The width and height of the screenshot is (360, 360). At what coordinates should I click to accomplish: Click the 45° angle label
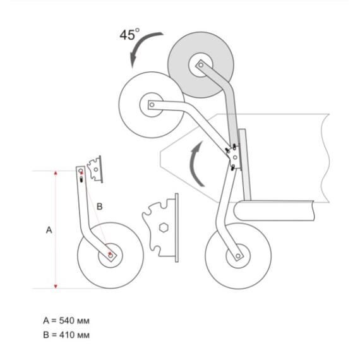click(x=129, y=35)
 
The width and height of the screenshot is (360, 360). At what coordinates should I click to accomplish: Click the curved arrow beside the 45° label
click(x=140, y=44)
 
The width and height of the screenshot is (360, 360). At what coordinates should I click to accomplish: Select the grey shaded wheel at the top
click(x=201, y=65)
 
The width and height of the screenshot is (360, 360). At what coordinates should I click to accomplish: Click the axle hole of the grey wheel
click(x=201, y=65)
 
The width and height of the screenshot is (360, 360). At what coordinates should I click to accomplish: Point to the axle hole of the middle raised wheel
click(x=152, y=105)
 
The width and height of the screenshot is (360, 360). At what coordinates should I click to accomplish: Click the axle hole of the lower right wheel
click(x=238, y=256)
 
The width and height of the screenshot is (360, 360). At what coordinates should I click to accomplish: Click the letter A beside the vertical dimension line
click(x=49, y=230)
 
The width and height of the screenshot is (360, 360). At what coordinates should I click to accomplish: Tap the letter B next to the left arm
click(x=99, y=207)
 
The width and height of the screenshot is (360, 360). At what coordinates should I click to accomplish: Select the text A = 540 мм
click(x=66, y=320)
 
